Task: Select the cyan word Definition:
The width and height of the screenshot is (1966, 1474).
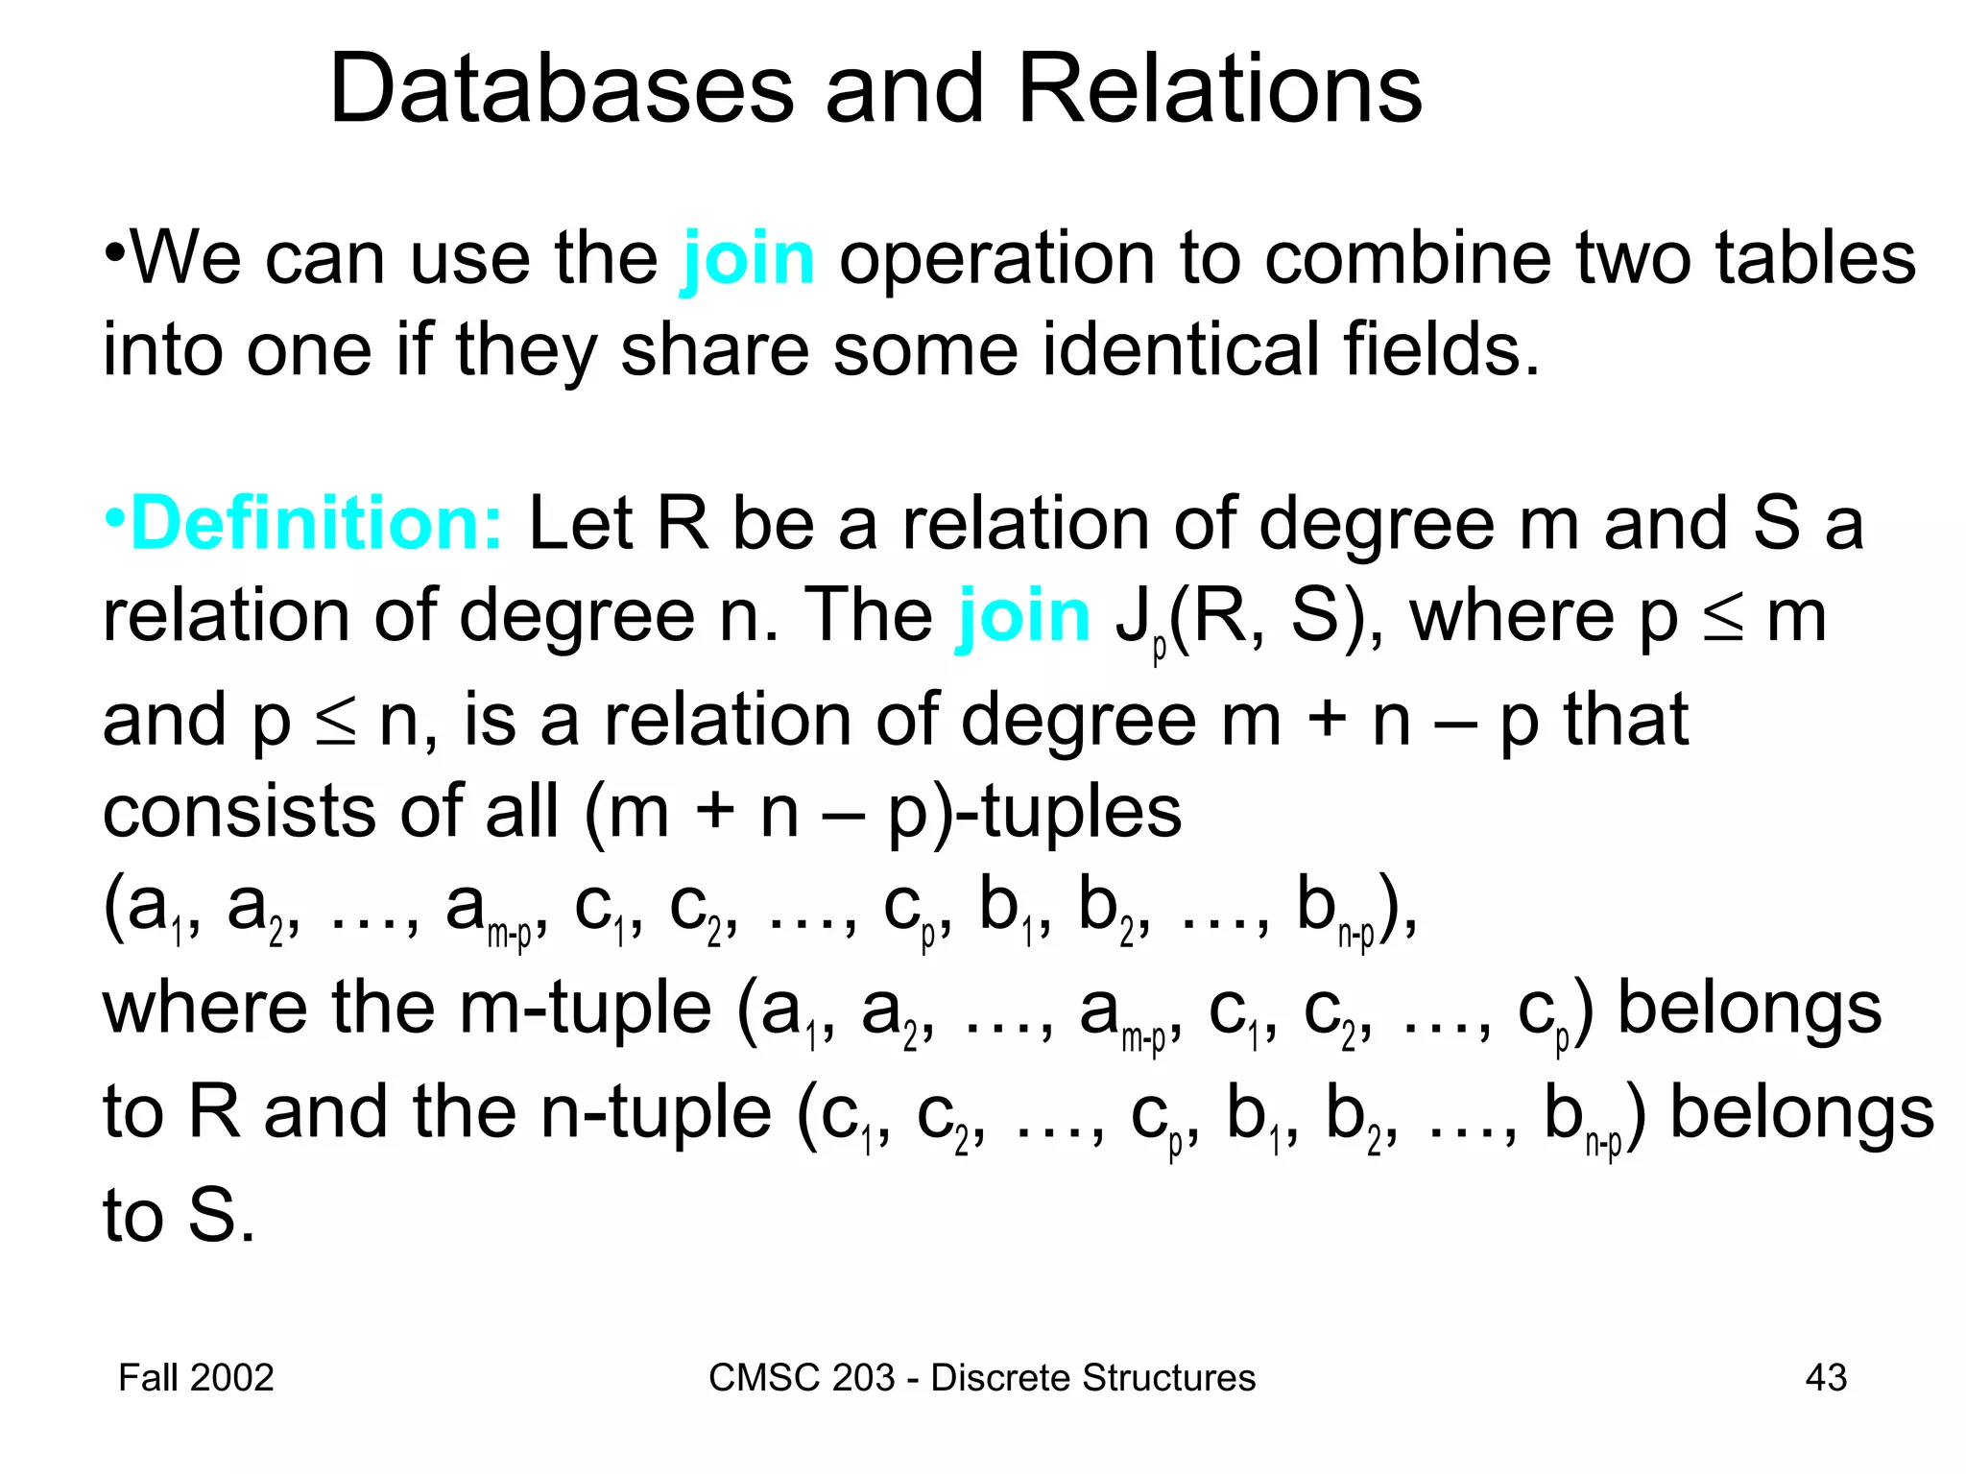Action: [x=316, y=524]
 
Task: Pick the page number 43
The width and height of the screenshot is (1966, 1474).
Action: [x=1825, y=1378]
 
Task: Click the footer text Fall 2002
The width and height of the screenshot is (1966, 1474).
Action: [x=196, y=1378]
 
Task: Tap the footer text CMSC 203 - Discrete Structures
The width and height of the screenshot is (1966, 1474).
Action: [x=981, y=1378]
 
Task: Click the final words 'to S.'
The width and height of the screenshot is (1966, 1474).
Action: [x=180, y=1216]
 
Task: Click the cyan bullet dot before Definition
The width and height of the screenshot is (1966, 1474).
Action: [x=114, y=519]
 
